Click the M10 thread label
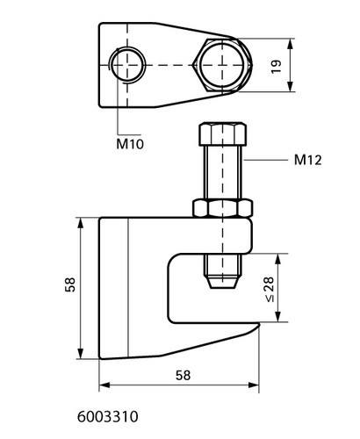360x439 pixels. pyautogui.click(x=130, y=144)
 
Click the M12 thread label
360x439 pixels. pyautogui.click(x=308, y=160)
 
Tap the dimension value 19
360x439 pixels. pyautogui.click(x=276, y=67)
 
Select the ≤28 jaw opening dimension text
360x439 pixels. pyautogui.click(x=270, y=289)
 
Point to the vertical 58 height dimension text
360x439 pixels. pyautogui.click(x=70, y=284)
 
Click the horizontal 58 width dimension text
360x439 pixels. pyautogui.click(x=183, y=376)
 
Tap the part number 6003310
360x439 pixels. pyautogui.click(x=107, y=417)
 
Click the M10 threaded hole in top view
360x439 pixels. pyautogui.click(x=127, y=65)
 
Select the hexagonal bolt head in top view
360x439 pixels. pyautogui.click(x=222, y=65)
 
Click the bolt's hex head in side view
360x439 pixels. pyautogui.click(x=223, y=134)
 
